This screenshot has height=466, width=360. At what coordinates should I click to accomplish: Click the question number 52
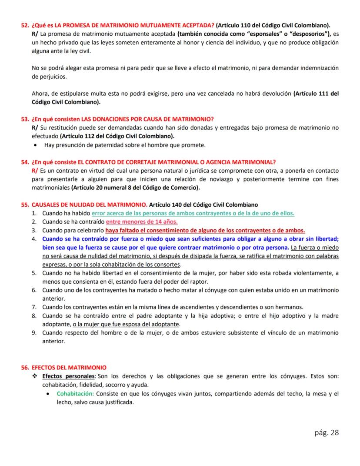pos(25,25)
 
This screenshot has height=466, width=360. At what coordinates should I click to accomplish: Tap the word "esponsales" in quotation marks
pos(261,34)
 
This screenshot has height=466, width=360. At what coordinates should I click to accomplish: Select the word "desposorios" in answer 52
pos(306,34)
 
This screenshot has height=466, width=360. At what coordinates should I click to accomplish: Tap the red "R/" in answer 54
pos(35,170)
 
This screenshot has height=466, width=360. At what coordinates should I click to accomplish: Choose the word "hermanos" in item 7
pos(289,307)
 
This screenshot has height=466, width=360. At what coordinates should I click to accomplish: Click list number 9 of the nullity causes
pos(34,332)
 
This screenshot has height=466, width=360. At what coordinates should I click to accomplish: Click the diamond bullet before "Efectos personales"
pos(35,376)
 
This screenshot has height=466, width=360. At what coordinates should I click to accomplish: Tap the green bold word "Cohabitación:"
pos(76,393)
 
